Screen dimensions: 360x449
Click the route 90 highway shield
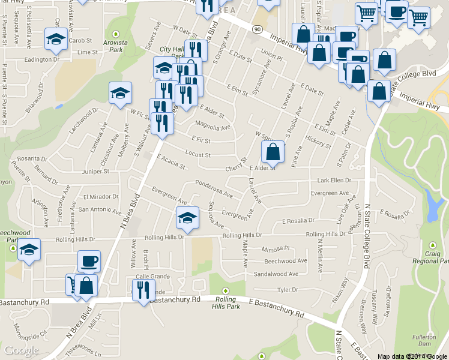point(257,29)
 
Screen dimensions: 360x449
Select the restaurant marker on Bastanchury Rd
point(143,291)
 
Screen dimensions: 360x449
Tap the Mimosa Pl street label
point(276,248)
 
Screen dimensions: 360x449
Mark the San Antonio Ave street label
point(100,209)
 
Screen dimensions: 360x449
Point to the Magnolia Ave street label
point(212,127)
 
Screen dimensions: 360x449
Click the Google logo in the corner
point(22,350)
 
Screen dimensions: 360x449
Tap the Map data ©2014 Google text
point(412,356)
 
